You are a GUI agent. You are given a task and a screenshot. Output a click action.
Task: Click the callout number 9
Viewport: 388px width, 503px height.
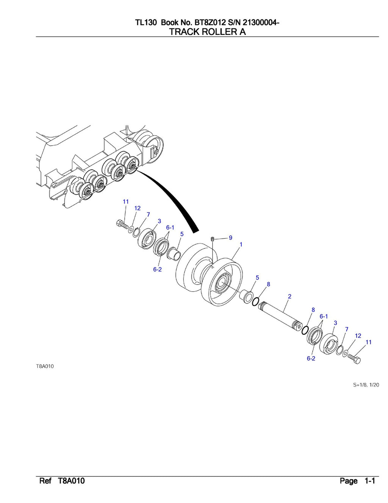(230, 238)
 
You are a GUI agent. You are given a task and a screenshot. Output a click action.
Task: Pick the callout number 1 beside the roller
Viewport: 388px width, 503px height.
(241, 245)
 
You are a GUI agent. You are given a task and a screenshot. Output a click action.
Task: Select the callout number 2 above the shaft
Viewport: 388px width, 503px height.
(289, 296)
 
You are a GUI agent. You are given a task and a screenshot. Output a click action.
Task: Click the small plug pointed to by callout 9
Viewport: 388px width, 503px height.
(213, 239)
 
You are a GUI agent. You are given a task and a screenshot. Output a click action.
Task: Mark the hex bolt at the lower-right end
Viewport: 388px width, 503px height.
(354, 358)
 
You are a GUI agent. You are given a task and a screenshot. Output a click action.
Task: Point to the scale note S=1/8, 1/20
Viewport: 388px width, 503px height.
(366, 385)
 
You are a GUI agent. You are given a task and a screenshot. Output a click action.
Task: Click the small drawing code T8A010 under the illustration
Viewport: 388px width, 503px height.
(45, 366)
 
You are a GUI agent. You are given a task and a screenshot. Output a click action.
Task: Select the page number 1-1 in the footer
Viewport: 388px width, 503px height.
(369, 481)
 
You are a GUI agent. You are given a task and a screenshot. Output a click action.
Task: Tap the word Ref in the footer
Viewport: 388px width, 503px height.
(45, 481)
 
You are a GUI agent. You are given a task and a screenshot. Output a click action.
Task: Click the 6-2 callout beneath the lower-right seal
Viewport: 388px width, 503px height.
(311, 358)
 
